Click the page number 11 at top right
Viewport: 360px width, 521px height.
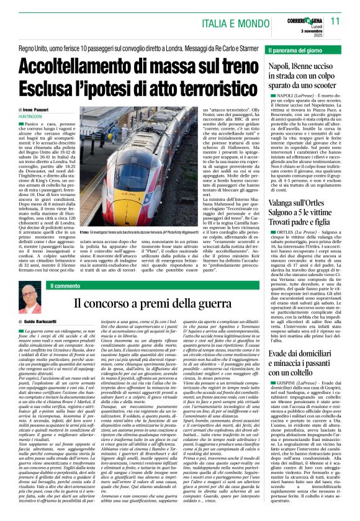[336, 20]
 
